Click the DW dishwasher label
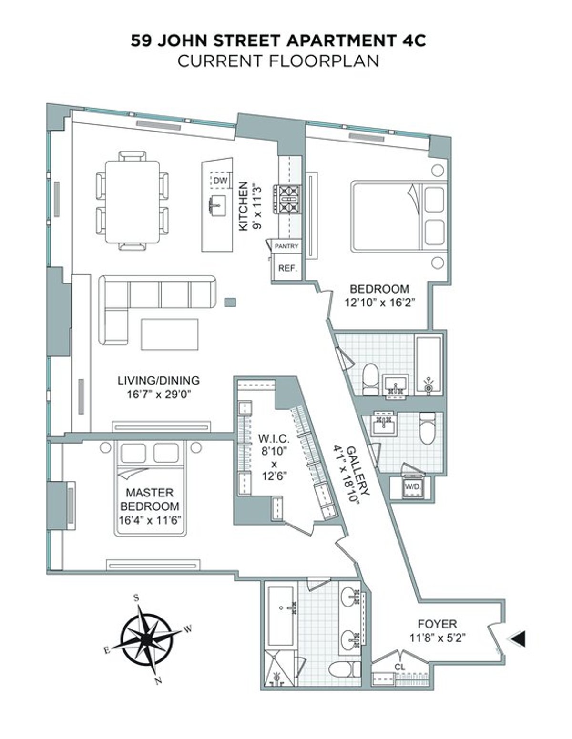click(220, 181)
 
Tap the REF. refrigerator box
click(287, 268)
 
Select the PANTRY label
click(286, 246)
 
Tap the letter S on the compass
click(136, 598)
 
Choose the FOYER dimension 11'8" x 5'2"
click(437, 637)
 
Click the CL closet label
click(399, 667)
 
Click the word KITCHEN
click(244, 206)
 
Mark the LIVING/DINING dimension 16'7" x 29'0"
click(158, 394)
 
